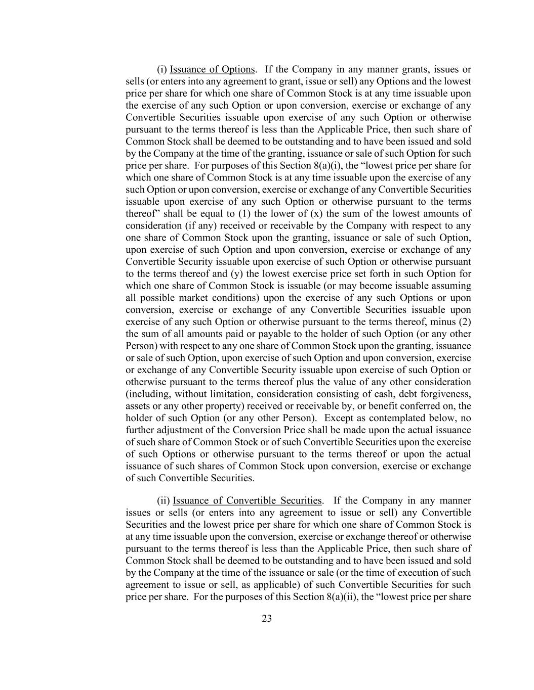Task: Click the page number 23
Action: [x=267, y=619]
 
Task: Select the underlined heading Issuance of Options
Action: [x=212, y=69]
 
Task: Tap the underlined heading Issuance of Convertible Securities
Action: [x=247, y=500]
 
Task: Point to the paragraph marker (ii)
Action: [x=163, y=500]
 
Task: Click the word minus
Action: [x=446, y=321]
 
